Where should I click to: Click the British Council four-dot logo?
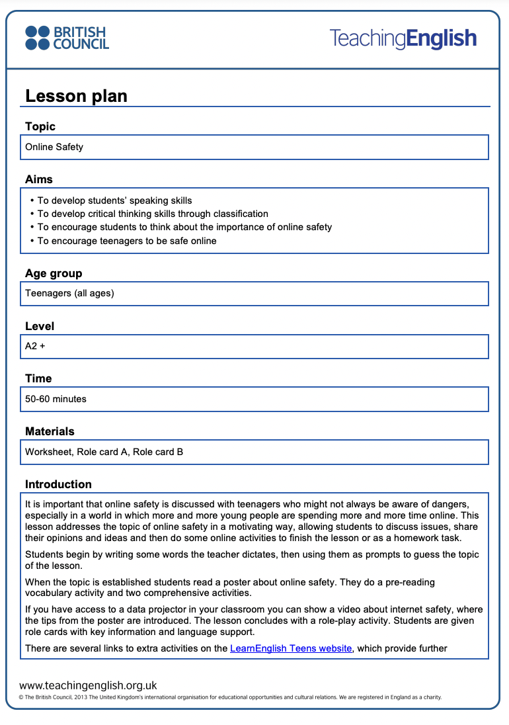pyautogui.click(x=37, y=38)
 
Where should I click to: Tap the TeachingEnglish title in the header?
pyautogui.click(x=403, y=38)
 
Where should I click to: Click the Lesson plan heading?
pyautogui.click(x=76, y=96)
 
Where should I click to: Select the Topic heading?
pyautogui.click(x=40, y=126)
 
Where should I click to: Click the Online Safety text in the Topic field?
pyautogui.click(x=54, y=147)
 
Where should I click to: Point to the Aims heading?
pyautogui.click(x=39, y=179)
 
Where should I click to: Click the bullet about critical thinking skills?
pyautogui.click(x=153, y=214)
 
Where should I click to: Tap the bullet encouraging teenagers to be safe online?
pyautogui.click(x=127, y=241)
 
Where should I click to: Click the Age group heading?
pyautogui.click(x=54, y=273)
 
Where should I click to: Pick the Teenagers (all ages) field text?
pyautogui.click(x=69, y=293)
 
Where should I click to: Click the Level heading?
pyautogui.click(x=40, y=326)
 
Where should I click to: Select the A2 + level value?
pyautogui.click(x=35, y=346)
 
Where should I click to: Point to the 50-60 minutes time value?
pyautogui.click(x=56, y=399)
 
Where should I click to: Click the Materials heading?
pyautogui.click(x=50, y=431)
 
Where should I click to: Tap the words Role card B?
pyautogui.click(x=158, y=452)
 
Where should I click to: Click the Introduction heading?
pyautogui.click(x=58, y=484)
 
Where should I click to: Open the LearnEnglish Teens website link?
pyautogui.click(x=291, y=648)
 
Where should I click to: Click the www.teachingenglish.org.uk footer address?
pyautogui.click(x=88, y=686)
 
